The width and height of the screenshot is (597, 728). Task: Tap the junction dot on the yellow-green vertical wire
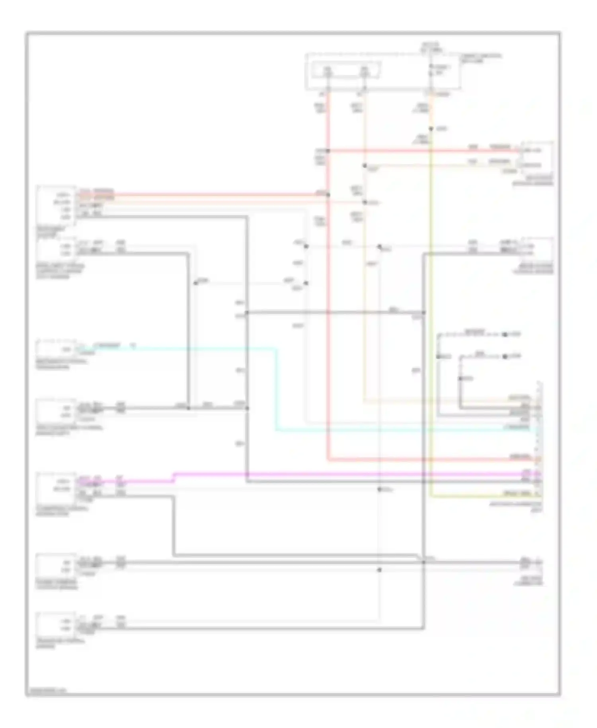(x=431, y=129)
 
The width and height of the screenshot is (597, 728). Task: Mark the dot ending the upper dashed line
(x=505, y=335)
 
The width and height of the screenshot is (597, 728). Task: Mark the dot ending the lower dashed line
(x=505, y=356)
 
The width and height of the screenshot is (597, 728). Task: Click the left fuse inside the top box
(x=328, y=72)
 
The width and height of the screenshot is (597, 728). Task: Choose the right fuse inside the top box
(x=364, y=72)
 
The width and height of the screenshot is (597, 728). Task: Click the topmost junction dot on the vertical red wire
(x=328, y=151)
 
